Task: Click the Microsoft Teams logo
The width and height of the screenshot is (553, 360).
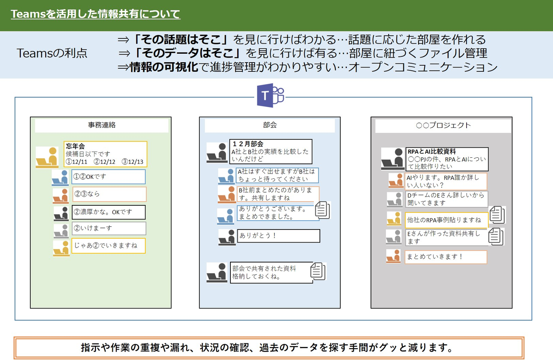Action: (x=271, y=95)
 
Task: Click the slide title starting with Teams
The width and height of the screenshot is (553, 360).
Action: (x=96, y=14)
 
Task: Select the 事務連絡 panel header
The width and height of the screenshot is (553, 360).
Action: (x=102, y=126)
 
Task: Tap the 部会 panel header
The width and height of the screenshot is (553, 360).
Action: (x=270, y=126)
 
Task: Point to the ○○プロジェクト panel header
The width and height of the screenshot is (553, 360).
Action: (x=443, y=126)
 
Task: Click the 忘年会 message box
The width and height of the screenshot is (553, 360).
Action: (x=105, y=154)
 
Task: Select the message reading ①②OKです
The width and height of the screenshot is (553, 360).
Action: (x=109, y=177)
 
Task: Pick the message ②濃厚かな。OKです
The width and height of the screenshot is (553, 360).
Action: (x=109, y=212)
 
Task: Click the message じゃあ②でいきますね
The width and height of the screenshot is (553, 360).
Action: (x=109, y=246)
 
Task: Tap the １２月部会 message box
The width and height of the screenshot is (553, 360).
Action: (x=271, y=152)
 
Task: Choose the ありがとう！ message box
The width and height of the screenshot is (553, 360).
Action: (x=278, y=236)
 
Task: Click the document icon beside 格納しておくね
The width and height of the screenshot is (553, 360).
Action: (x=318, y=271)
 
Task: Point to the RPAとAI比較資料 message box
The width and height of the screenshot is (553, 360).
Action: (x=447, y=159)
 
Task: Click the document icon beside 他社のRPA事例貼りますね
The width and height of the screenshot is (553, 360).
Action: (x=497, y=215)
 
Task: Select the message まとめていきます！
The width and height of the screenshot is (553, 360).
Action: (x=446, y=257)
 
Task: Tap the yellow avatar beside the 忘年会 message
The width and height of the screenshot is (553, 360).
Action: (x=47, y=157)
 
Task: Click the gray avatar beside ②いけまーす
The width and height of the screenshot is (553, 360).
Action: (x=61, y=231)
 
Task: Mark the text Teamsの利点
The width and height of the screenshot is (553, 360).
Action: (x=52, y=53)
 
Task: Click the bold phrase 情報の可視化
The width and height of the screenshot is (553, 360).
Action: (x=164, y=67)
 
